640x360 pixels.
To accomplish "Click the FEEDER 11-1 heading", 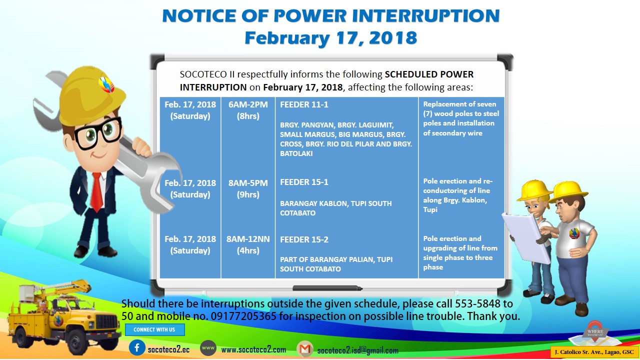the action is [x=304, y=104].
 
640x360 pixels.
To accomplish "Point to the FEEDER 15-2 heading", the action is [x=304, y=239].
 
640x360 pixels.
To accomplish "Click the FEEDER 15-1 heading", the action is [x=304, y=182].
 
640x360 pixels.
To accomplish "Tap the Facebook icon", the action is [x=137, y=347].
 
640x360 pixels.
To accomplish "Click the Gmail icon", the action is [x=305, y=349].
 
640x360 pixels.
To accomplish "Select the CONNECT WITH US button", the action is [x=154, y=329].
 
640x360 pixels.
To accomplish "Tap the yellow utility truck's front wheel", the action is [x=75, y=342].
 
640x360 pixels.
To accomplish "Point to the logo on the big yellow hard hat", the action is [x=106, y=84].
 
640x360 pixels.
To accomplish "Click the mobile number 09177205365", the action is [x=243, y=316].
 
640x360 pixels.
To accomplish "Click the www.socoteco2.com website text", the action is [x=253, y=349].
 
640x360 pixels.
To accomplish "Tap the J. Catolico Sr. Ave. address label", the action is [x=594, y=352].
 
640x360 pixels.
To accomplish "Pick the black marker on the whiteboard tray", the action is [x=327, y=288].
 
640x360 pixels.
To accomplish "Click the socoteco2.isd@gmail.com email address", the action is [x=357, y=350].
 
